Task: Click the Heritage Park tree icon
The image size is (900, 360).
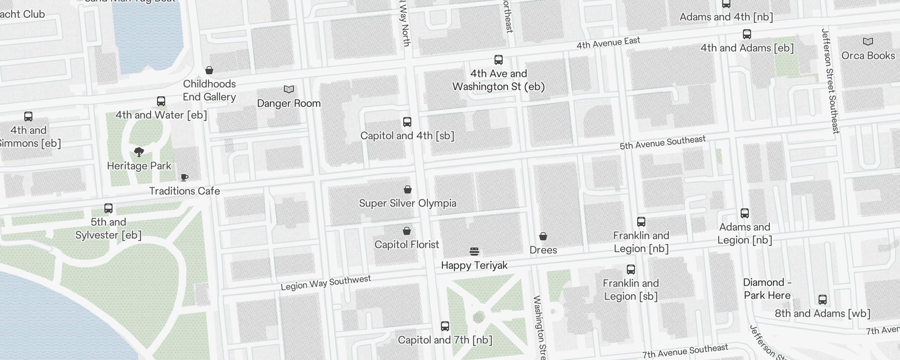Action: pos(139,152)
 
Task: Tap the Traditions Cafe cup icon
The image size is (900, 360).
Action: pos(184,177)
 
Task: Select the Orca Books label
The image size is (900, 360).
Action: pos(868,55)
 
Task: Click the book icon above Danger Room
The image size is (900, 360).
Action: pos(289,90)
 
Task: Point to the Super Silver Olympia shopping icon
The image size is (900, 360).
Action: pos(408,189)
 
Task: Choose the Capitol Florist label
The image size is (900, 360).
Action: pos(407,244)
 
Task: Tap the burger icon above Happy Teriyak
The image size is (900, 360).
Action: pos(474,251)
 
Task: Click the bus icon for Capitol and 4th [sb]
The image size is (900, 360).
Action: pos(407,122)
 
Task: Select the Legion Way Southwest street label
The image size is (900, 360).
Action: pos(326,283)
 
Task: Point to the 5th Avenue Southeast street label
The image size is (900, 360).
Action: pos(662,143)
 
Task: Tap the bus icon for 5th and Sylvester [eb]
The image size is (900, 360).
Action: pos(108,208)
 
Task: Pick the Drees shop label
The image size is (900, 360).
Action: pos(543,250)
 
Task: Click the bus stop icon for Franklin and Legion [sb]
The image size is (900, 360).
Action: pos(631,270)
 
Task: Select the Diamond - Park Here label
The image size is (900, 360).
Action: pos(767,289)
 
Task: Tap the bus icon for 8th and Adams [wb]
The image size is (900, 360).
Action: pos(823,300)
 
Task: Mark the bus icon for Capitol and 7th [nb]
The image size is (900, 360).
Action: pos(445,326)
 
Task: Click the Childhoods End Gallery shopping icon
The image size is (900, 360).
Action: pos(209,70)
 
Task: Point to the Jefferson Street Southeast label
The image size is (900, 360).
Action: pos(830,81)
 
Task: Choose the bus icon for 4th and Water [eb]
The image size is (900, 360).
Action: pos(161,101)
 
